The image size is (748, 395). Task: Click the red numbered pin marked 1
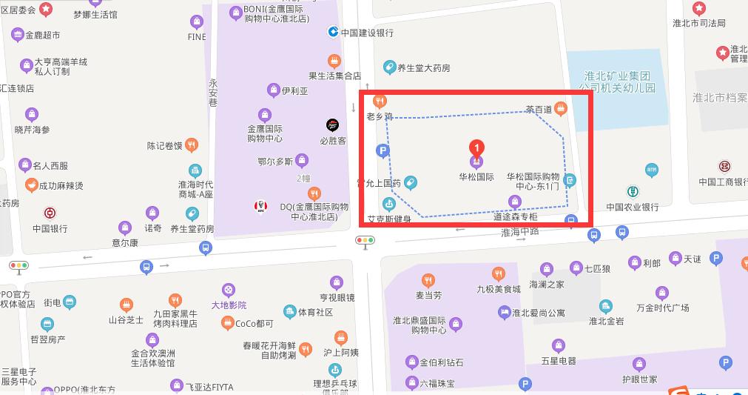pos(477,147)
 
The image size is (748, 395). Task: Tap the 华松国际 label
pos(476,178)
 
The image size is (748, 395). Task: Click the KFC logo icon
pos(260,206)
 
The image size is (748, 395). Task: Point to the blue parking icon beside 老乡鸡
pos(383,152)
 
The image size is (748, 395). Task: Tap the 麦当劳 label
pos(428,295)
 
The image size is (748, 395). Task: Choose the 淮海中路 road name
pos(521,233)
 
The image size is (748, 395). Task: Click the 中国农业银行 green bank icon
pos(633,191)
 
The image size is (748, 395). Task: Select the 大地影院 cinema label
pos(229,305)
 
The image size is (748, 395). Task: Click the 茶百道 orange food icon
pos(561,109)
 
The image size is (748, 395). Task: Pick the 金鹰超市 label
pos(43,35)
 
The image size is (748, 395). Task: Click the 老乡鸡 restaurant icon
pos(380,102)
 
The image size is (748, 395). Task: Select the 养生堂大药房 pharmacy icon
pos(389,68)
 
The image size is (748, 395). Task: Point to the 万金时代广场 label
pos(641,308)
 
